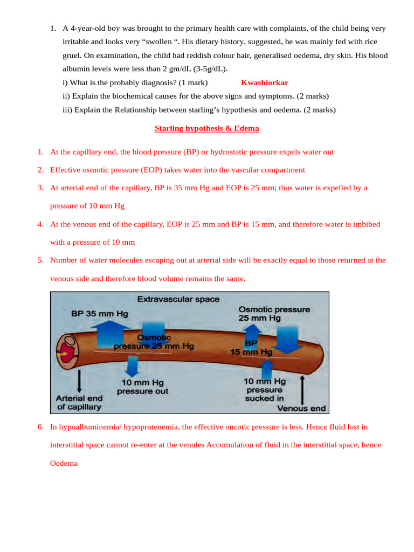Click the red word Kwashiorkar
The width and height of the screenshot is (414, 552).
(x=265, y=82)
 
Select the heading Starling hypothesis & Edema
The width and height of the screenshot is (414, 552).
(x=206, y=128)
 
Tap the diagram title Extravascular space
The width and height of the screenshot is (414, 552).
(x=178, y=299)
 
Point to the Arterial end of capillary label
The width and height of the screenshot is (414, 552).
(x=79, y=403)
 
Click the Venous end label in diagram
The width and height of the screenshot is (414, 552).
(x=301, y=409)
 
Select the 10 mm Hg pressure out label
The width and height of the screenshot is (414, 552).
(x=142, y=387)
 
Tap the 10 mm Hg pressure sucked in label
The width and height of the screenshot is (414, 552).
(x=265, y=389)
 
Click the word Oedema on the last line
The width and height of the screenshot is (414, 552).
(x=64, y=463)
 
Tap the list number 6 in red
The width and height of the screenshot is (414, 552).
(x=40, y=427)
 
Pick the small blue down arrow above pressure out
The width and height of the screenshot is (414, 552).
(x=132, y=366)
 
